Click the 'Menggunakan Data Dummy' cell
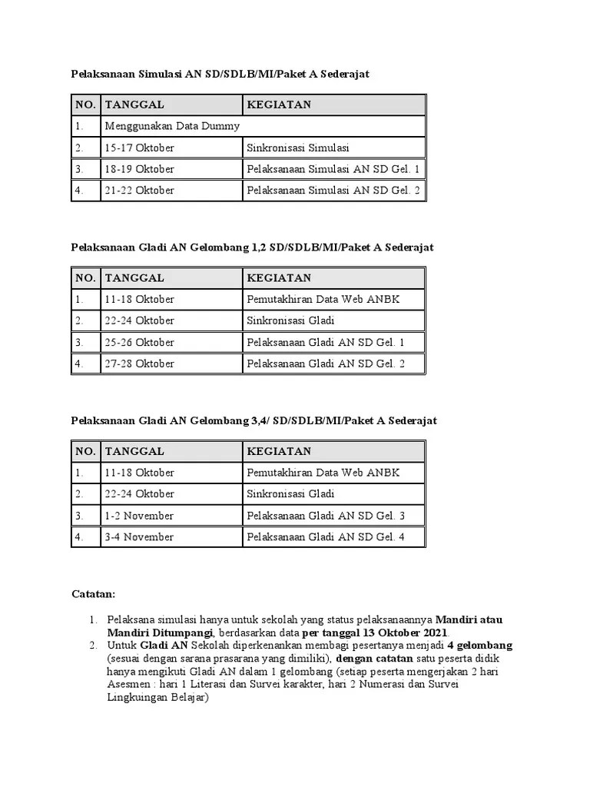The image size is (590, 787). click(x=173, y=126)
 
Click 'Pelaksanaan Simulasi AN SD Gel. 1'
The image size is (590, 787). click(x=333, y=169)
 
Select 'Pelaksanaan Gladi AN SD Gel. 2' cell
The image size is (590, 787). click(x=325, y=364)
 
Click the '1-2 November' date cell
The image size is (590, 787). click(x=139, y=516)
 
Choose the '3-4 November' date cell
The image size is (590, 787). click(x=139, y=537)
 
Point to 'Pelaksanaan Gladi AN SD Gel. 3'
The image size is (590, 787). click(x=325, y=516)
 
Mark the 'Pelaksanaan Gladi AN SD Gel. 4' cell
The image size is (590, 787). click(x=325, y=537)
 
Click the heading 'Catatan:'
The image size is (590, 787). click(x=93, y=594)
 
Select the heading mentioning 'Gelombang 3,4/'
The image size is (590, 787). click(x=254, y=420)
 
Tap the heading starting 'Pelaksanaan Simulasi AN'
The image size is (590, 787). click(x=220, y=73)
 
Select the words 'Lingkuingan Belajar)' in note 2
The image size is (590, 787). click(x=157, y=699)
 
